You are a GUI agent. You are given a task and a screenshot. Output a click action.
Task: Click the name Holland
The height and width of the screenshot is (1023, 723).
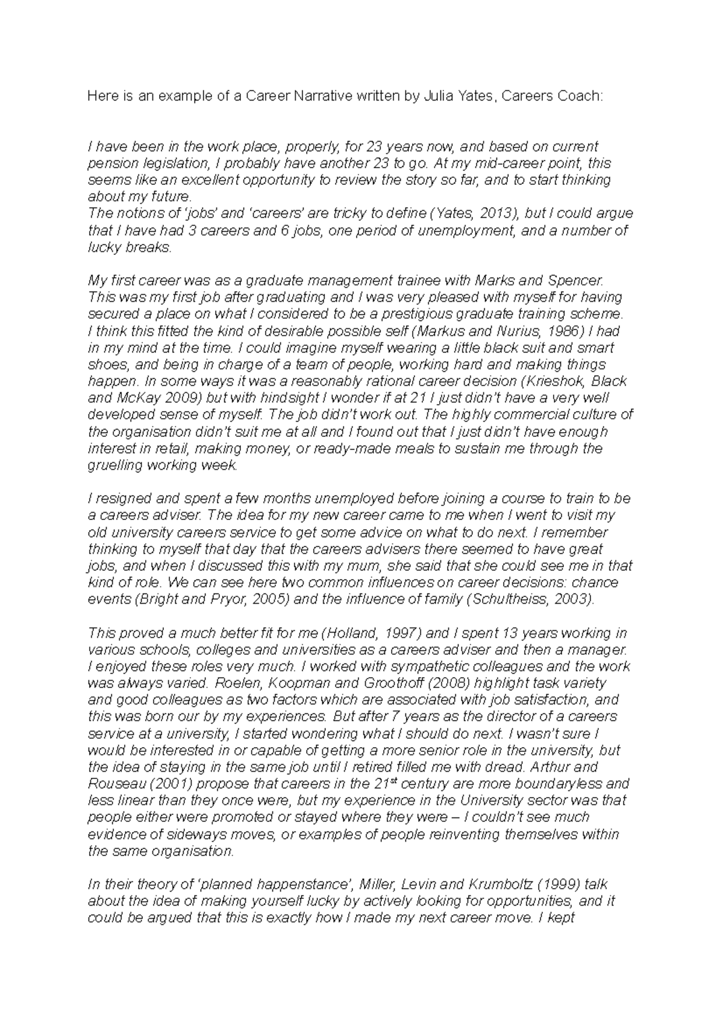(x=348, y=633)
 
